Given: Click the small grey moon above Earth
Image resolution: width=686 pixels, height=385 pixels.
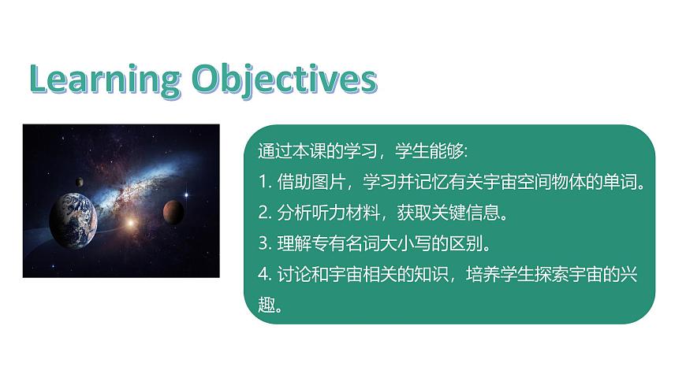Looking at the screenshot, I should click(80, 183).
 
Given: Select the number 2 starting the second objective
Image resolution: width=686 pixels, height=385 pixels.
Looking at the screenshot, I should click(262, 212).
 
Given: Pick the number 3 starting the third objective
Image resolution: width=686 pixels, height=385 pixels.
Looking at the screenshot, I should click(262, 242).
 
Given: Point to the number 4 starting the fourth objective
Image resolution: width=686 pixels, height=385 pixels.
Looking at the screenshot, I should click(262, 273).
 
